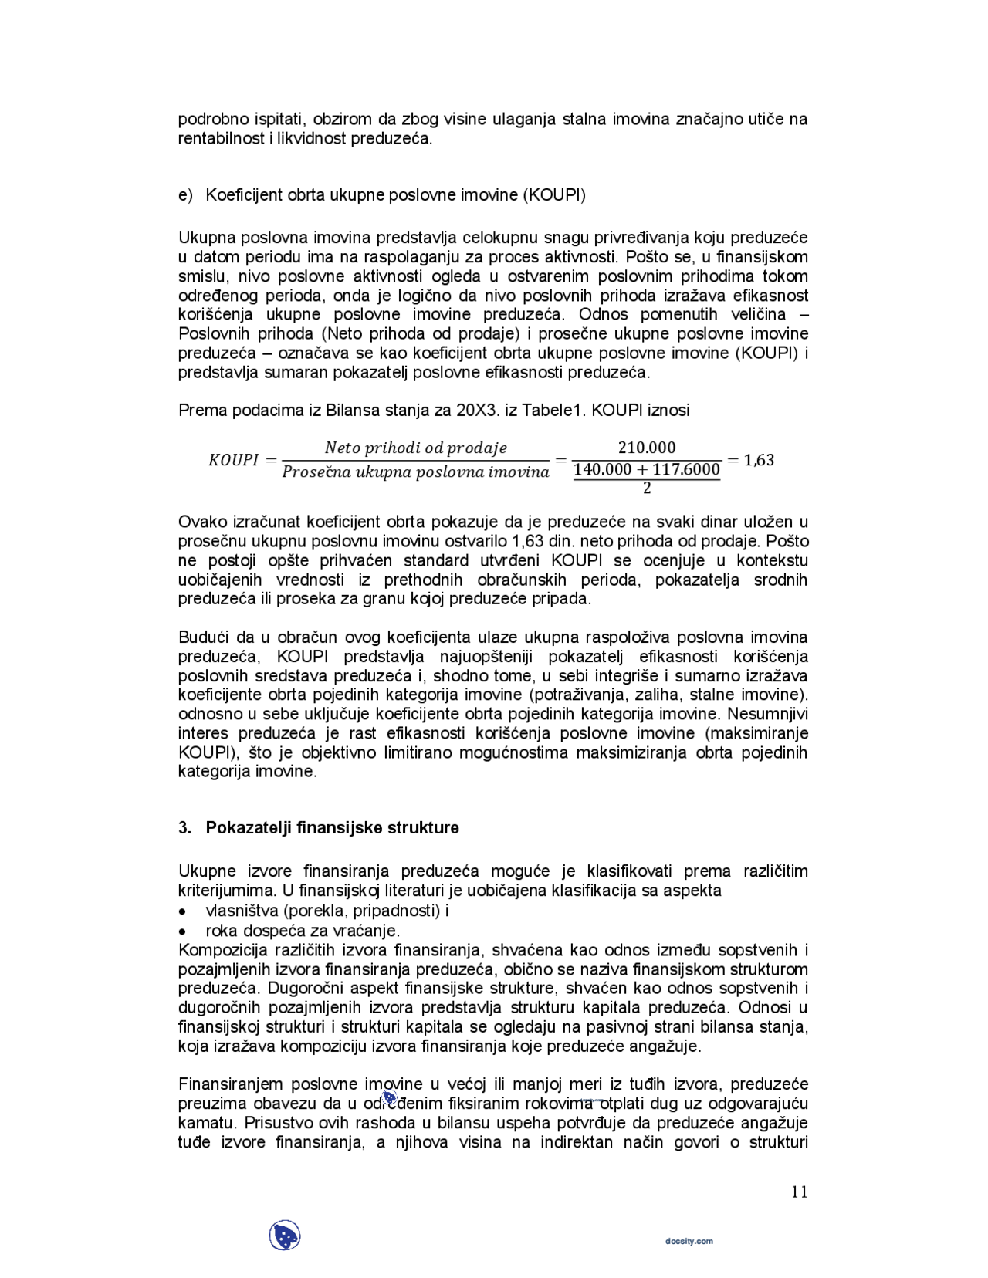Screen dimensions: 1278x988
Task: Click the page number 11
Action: pyautogui.click(x=799, y=1192)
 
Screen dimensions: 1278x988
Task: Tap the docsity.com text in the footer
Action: pyautogui.click(x=689, y=1241)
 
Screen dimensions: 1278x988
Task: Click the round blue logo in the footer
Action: pyautogui.click(x=285, y=1236)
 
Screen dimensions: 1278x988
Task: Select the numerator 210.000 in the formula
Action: pyautogui.click(x=647, y=448)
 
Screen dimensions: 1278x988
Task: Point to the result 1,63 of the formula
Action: pyautogui.click(x=759, y=460)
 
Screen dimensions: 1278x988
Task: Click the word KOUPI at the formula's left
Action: pyautogui.click(x=233, y=460)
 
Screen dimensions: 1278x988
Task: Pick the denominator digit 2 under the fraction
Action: pyautogui.click(x=647, y=488)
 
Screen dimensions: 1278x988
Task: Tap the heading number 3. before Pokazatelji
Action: pyautogui.click(x=184, y=827)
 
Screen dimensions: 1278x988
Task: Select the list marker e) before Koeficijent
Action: pyautogui.click(x=185, y=194)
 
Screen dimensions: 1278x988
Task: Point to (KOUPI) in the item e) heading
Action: pyautogui.click(x=554, y=194)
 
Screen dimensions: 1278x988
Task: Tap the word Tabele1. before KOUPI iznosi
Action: pyautogui.click(x=550, y=410)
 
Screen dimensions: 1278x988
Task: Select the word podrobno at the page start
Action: pyautogui.click(x=209, y=120)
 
